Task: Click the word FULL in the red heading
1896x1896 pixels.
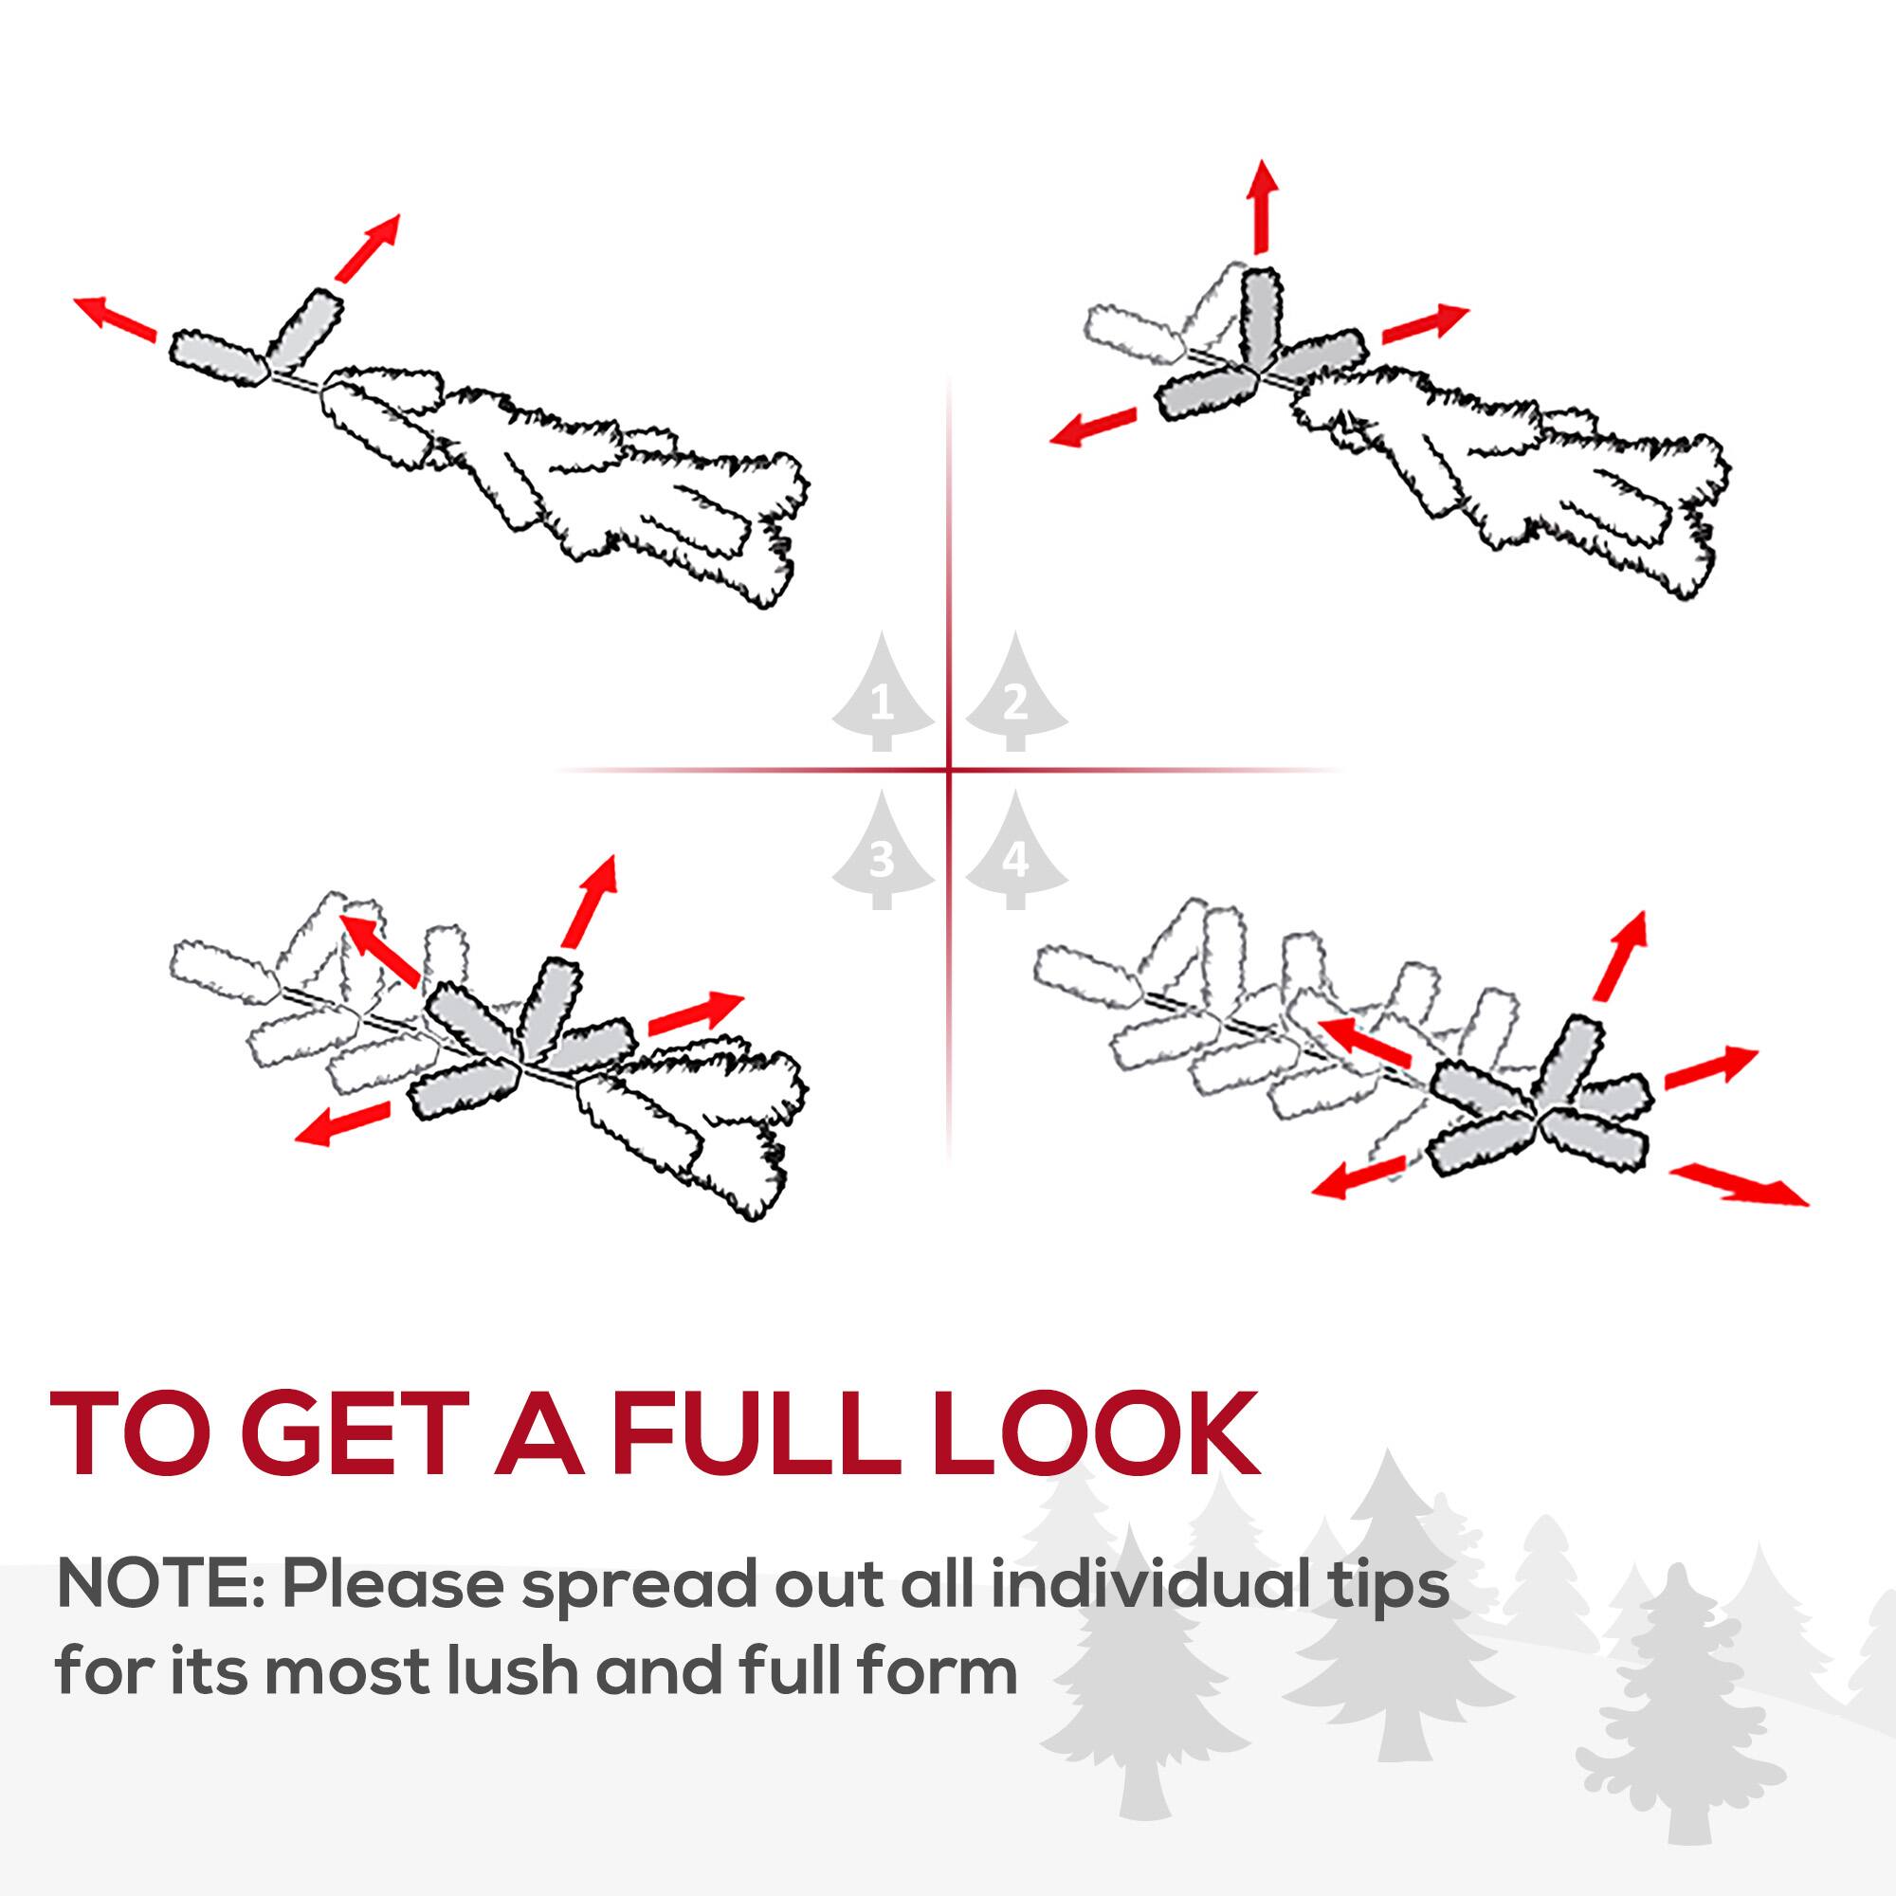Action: (x=756, y=1433)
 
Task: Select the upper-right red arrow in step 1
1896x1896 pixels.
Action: (x=367, y=247)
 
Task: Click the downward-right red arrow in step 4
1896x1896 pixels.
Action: (x=1737, y=1183)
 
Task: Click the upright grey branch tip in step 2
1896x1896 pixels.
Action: (x=1260, y=315)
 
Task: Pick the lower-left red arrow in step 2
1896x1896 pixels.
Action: (x=1092, y=428)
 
